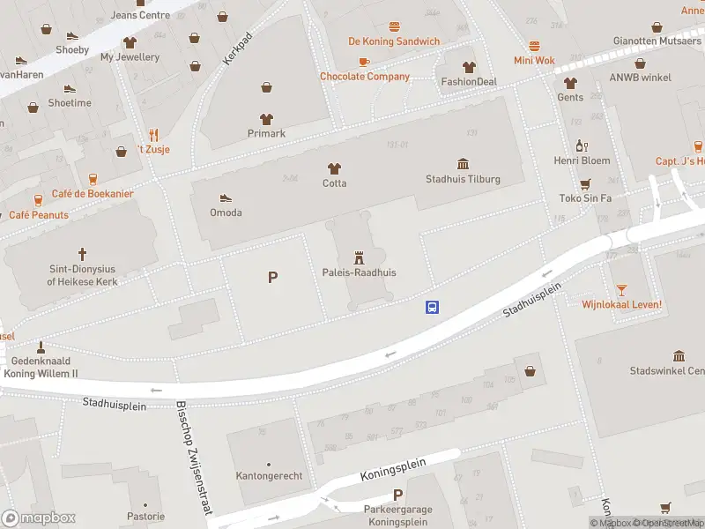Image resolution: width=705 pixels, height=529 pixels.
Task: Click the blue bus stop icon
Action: click(433, 308)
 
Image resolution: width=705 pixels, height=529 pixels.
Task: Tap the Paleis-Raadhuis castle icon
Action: click(359, 257)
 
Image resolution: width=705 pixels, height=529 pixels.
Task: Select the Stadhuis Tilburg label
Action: click(463, 179)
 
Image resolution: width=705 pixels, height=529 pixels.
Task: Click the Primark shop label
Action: click(266, 133)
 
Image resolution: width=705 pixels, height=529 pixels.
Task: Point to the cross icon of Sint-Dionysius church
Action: click(82, 253)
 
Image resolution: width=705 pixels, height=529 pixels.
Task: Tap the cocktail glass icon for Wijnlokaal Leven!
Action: click(621, 289)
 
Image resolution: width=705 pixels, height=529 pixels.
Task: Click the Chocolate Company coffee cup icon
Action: click(364, 61)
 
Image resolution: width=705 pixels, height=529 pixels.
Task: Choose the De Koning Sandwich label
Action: click(394, 41)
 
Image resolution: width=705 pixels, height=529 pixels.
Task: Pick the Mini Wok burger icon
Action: click(534, 45)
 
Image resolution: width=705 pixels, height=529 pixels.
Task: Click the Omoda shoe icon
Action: click(226, 197)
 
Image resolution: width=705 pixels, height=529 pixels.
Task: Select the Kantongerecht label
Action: click(270, 476)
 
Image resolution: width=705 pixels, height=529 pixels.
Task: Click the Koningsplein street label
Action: click(393, 468)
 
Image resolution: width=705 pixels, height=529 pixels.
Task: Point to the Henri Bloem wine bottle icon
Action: click(582, 145)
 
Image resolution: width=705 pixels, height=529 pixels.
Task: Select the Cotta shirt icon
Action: click(334, 168)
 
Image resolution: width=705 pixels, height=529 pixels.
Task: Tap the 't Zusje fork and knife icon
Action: click(153, 134)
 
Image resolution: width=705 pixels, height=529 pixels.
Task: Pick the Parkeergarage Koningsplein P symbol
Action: click(397, 495)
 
